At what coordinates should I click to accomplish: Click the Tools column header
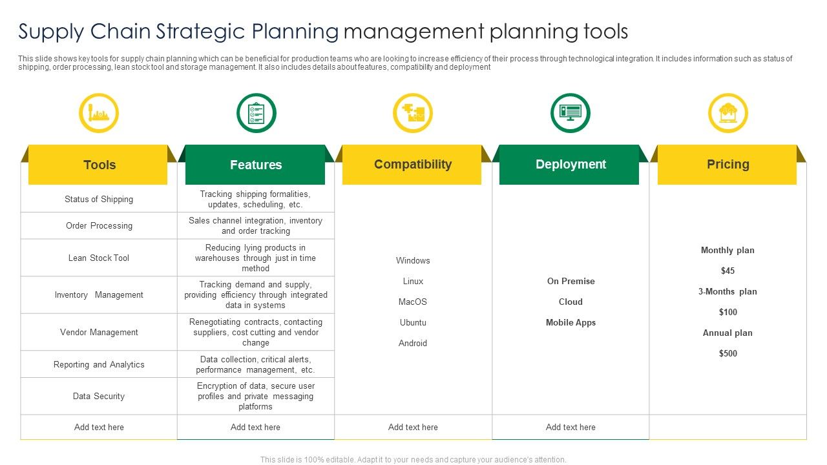pyautogui.click(x=99, y=165)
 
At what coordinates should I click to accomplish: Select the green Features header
pyautogui.click(x=256, y=165)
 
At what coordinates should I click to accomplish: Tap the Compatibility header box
pyautogui.click(x=412, y=165)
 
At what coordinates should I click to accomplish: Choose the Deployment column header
pyautogui.click(x=571, y=165)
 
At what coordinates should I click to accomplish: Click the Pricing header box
pyautogui.click(x=728, y=165)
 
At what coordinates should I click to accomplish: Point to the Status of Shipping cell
pyautogui.click(x=99, y=200)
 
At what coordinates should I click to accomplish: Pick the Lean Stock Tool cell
pyautogui.click(x=99, y=258)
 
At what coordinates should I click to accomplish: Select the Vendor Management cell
pyautogui.click(x=99, y=332)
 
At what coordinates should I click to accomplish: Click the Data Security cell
pyautogui.click(x=99, y=396)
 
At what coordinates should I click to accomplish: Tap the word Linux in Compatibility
pyautogui.click(x=413, y=281)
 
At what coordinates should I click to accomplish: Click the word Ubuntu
pyautogui.click(x=413, y=322)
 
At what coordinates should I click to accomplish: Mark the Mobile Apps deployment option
pyautogui.click(x=571, y=322)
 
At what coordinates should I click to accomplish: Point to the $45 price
pyautogui.click(x=728, y=271)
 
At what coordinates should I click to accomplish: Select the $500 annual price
pyautogui.click(x=728, y=353)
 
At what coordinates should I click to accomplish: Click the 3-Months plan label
pyautogui.click(x=728, y=291)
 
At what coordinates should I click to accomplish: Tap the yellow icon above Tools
pyautogui.click(x=99, y=113)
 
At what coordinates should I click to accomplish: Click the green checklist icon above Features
pyautogui.click(x=256, y=113)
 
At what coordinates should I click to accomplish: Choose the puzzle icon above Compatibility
pyautogui.click(x=413, y=113)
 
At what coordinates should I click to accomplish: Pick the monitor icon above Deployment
pyautogui.click(x=571, y=113)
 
